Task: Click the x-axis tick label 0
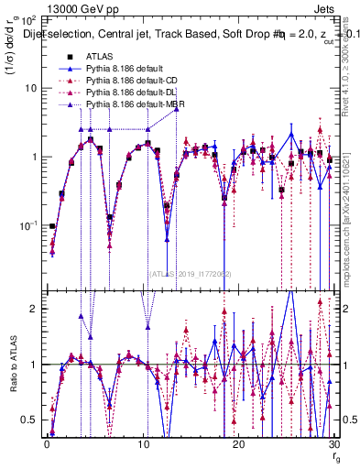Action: point(46,443)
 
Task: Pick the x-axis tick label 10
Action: point(142,443)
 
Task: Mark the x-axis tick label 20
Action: point(238,443)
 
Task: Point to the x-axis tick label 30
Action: point(334,443)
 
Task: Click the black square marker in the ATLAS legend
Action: point(58,57)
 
